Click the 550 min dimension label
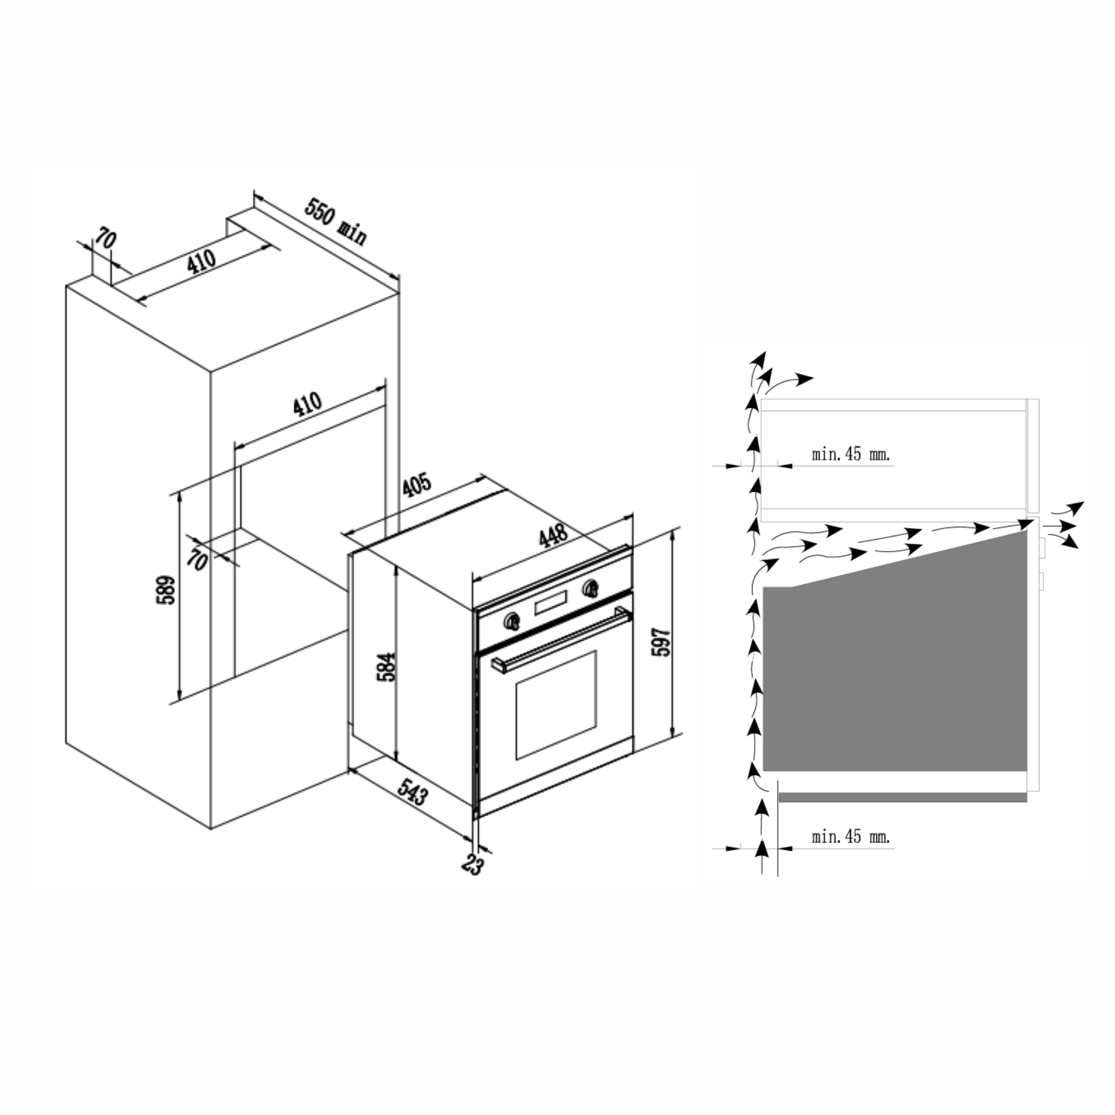[x=335, y=221]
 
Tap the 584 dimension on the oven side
[x=387, y=666]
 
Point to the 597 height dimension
[x=661, y=641]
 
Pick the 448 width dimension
[x=553, y=536]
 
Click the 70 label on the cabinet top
[x=106, y=238]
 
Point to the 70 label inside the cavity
[x=198, y=559]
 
